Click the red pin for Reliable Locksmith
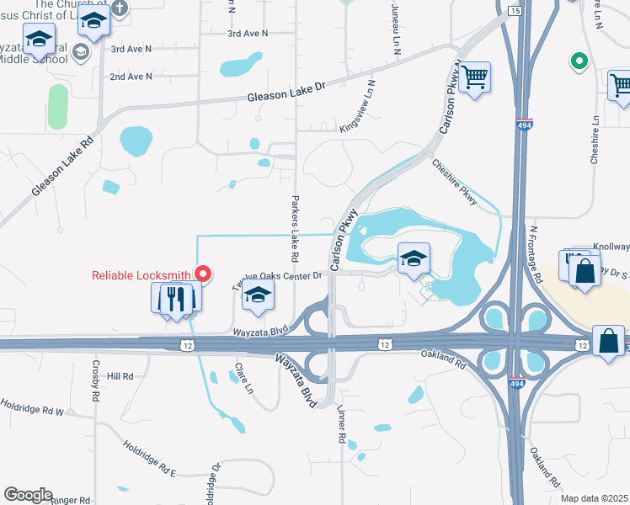click(203, 273)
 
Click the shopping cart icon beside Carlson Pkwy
click(476, 77)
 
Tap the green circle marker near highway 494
click(579, 61)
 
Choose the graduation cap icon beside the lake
click(414, 259)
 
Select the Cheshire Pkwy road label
click(456, 183)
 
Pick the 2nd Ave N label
click(131, 77)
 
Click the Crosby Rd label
click(97, 380)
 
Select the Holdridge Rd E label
click(149, 459)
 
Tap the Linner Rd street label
click(342, 424)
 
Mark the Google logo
click(28, 495)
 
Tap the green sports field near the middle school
click(57, 107)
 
